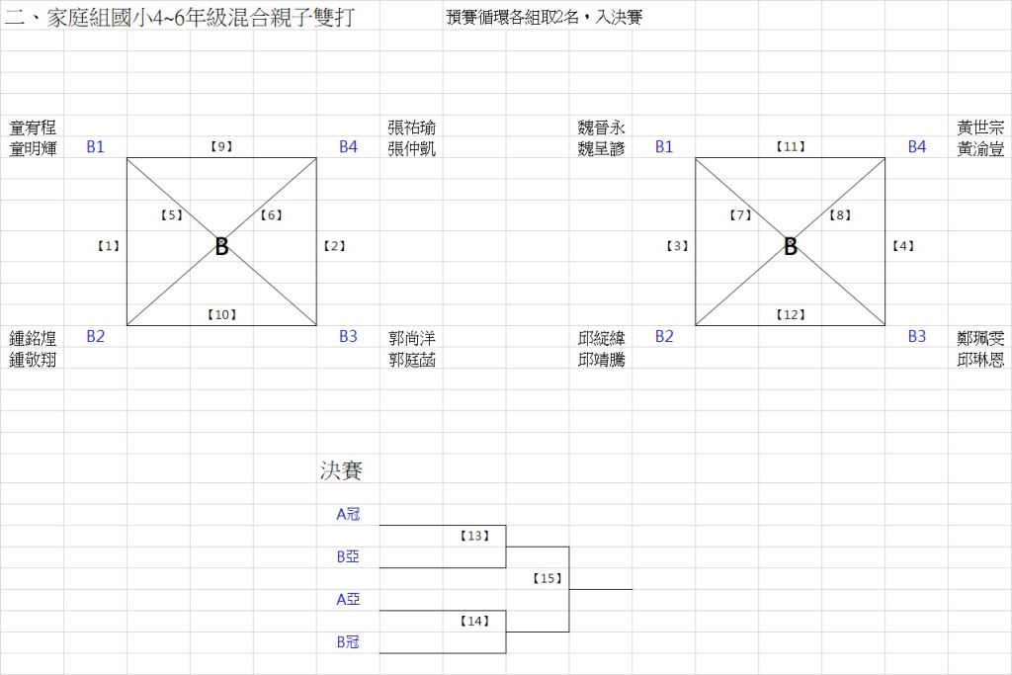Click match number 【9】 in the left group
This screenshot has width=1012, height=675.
click(x=221, y=146)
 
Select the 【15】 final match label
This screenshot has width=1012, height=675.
click(x=547, y=578)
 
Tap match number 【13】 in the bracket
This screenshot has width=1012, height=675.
click(x=475, y=536)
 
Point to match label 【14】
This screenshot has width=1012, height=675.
click(x=475, y=621)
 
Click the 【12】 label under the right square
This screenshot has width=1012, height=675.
click(x=791, y=314)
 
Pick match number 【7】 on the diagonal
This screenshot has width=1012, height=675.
click(x=741, y=214)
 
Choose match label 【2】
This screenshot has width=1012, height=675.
click(x=334, y=246)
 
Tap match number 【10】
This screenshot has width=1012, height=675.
click(x=221, y=314)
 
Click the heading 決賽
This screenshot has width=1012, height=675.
click(x=341, y=470)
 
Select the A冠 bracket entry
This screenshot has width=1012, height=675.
click(x=347, y=514)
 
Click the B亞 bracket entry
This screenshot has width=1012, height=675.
click(x=347, y=556)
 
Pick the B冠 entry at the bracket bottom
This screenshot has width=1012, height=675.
click(x=347, y=642)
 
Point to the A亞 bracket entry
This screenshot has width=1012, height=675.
click(x=347, y=599)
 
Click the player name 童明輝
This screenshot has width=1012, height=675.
click(x=33, y=148)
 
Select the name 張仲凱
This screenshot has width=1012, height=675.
click(x=412, y=148)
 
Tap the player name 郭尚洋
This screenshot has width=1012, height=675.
click(x=412, y=338)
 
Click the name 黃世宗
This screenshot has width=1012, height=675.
click(x=980, y=127)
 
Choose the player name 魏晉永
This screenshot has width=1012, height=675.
click(x=601, y=127)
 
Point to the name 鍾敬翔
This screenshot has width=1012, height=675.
click(x=33, y=360)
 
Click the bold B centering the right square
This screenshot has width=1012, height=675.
click(x=791, y=247)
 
